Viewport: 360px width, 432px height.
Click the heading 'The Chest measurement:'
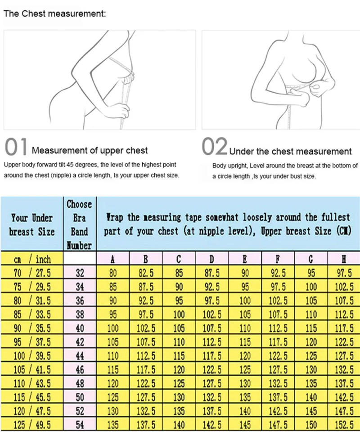point(54,13)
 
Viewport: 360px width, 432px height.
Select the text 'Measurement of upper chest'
point(90,150)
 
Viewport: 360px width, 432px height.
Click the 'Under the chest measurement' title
point(290,151)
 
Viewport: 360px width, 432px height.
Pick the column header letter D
point(211,259)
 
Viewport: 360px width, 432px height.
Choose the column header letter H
point(344,259)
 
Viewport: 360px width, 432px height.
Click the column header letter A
point(112,259)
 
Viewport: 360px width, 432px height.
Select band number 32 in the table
point(80,272)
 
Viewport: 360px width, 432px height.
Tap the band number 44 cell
point(80,356)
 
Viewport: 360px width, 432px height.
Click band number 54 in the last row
point(80,425)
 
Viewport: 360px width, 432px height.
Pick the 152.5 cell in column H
point(344,425)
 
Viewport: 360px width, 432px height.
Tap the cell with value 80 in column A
point(112,272)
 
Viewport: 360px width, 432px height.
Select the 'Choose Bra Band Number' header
point(80,224)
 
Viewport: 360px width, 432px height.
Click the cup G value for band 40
point(311,328)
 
